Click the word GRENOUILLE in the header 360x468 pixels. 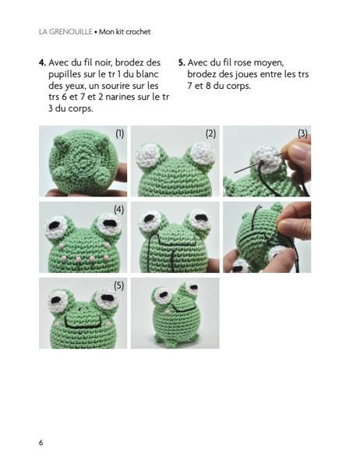pos(70,32)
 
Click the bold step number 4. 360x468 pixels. pos(42,62)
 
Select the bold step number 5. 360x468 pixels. pos(182,62)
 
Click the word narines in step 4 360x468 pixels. pos(122,97)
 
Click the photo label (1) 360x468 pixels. pos(119,133)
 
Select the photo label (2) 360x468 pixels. pos(210,133)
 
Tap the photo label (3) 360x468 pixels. pos(302,133)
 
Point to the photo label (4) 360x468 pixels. pos(118,210)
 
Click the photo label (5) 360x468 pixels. pos(118,286)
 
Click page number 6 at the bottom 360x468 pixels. pos(41,442)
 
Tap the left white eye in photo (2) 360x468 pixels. pos(147,155)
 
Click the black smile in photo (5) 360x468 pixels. pos(83,325)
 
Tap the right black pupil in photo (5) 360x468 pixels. pos(108,298)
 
